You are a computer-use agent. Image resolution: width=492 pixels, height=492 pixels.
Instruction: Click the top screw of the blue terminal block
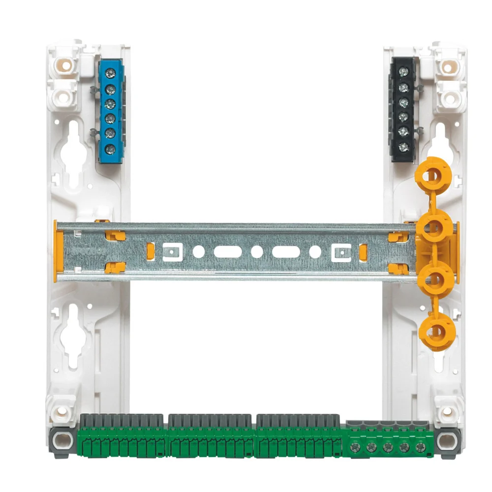[x=111, y=73]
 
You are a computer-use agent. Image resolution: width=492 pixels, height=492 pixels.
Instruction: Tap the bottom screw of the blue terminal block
[x=111, y=148]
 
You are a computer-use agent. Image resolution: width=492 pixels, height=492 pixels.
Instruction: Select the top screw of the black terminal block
[x=403, y=72]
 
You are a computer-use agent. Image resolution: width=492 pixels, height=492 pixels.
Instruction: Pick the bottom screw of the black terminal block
[x=403, y=146]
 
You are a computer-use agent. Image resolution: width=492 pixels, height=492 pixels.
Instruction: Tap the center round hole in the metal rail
[x=257, y=251]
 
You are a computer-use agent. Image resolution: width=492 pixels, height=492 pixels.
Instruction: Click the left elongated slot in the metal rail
[x=228, y=251]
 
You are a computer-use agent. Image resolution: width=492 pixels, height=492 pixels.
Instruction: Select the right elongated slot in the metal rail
[x=286, y=251]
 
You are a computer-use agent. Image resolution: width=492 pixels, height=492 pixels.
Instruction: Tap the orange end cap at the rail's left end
[x=59, y=251]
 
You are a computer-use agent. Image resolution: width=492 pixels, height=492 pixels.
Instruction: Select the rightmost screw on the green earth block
[x=420, y=447]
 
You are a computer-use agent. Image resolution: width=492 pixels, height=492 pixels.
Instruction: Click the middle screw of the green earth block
[x=388, y=447]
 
